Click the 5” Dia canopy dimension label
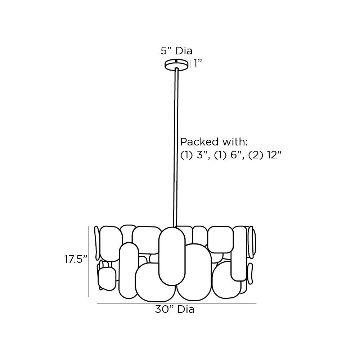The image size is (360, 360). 176,51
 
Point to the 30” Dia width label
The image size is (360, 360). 175,309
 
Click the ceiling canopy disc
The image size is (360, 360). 177,65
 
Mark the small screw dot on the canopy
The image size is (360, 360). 176,62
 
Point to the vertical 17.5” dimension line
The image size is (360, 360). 88,261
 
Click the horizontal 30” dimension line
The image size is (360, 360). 176,303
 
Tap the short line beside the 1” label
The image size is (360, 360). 191,64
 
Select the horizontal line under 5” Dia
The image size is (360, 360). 175,57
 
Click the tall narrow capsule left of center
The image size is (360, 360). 129,270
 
